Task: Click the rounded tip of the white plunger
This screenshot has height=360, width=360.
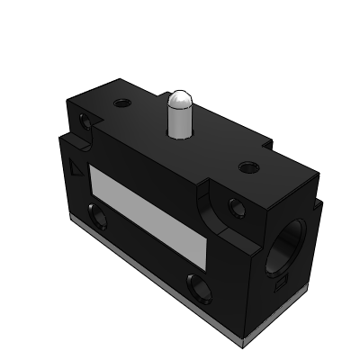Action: click(180, 96)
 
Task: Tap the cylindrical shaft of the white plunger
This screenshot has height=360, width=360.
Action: click(180, 119)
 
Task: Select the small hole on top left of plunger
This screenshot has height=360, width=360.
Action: click(121, 103)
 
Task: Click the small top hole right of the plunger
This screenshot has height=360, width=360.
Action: click(247, 166)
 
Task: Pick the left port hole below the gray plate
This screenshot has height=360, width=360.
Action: click(95, 217)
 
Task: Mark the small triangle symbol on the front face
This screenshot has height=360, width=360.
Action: click(75, 168)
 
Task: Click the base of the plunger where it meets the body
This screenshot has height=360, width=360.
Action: click(180, 136)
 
